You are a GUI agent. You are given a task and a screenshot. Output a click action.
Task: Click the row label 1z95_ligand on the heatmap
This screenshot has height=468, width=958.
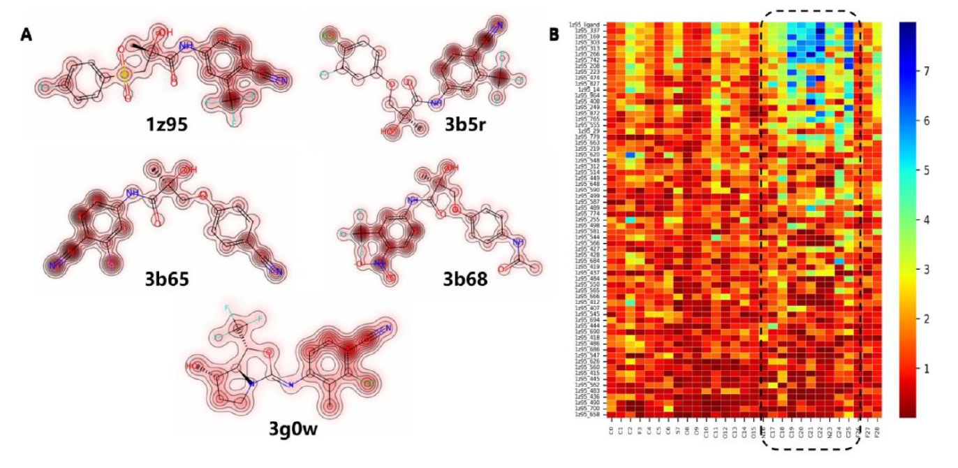(591, 24)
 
